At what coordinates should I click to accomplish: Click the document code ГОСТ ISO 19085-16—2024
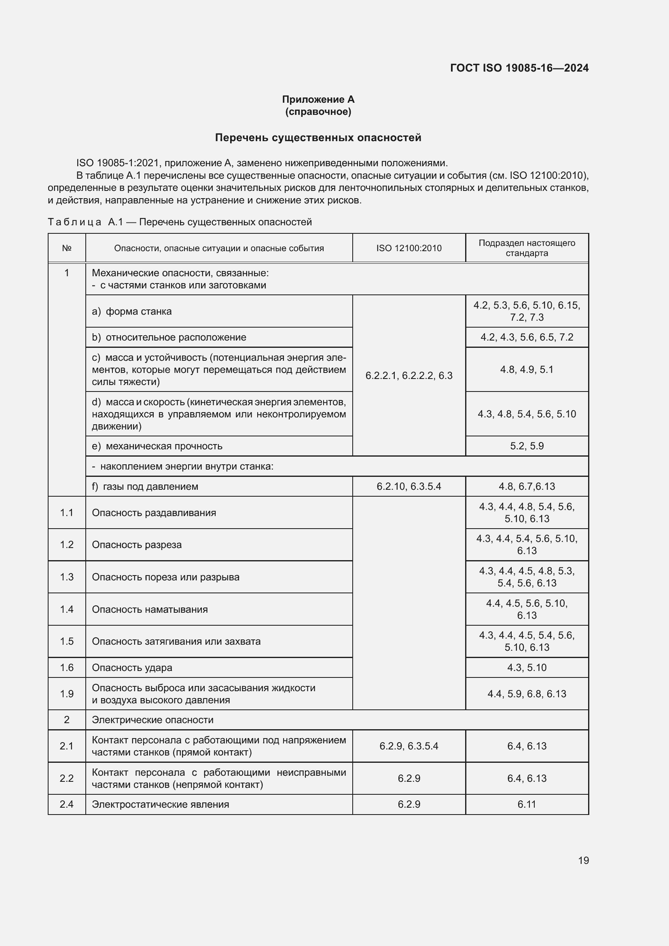[519, 68]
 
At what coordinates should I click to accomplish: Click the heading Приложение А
[318, 99]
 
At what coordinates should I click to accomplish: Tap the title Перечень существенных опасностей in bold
[318, 138]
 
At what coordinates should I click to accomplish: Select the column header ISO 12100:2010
[409, 248]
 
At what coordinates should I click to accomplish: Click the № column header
[67, 248]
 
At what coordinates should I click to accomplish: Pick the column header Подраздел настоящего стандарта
[527, 248]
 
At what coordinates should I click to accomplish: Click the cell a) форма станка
[132, 311]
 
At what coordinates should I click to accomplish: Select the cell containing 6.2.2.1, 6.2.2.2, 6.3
[409, 375]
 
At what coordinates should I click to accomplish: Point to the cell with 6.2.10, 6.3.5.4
[409, 487]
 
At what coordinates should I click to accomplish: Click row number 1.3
[67, 577]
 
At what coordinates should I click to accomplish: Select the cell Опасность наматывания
[150, 610]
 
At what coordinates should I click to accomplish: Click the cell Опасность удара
[132, 667]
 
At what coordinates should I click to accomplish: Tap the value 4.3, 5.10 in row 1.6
[527, 667]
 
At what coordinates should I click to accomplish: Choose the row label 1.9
[67, 694]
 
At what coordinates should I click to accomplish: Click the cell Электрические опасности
[152, 720]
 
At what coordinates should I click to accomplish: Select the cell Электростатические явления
[160, 804]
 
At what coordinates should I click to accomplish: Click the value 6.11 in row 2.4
[527, 804]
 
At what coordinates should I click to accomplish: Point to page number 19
[583, 860]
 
